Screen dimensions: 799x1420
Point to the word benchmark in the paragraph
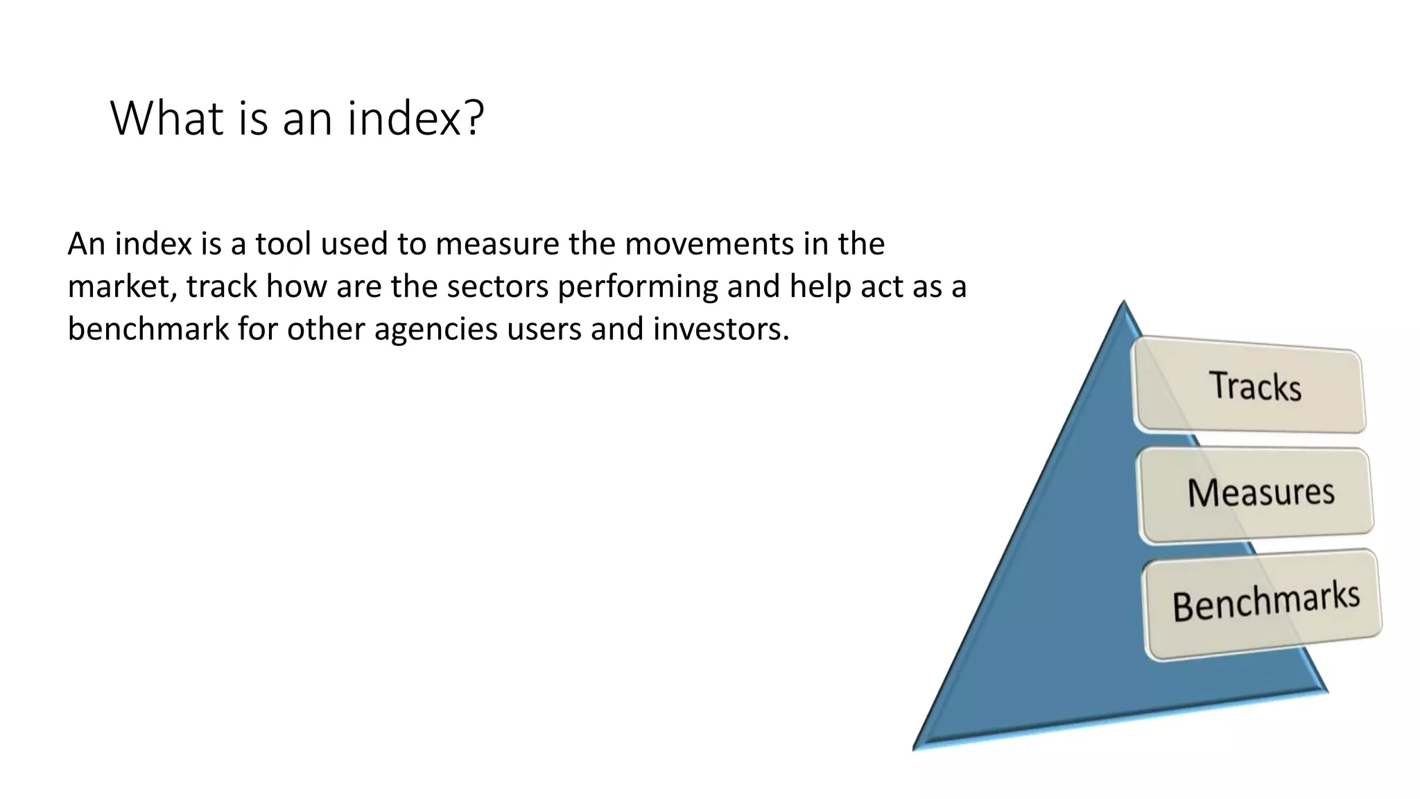tap(148, 328)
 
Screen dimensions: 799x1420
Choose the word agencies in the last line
tap(435, 329)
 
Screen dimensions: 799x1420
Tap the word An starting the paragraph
tap(86, 244)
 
